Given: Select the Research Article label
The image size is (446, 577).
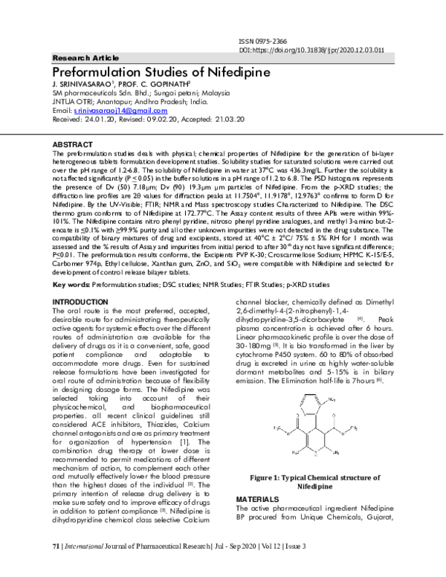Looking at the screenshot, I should (82, 58).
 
